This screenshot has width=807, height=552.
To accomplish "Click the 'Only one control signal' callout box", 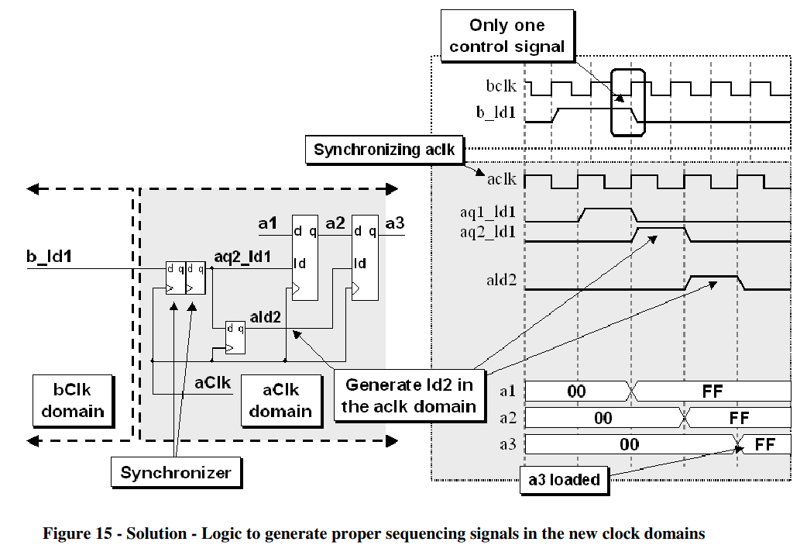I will coord(507,36).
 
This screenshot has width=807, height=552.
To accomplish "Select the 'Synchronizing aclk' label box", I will coord(384,149).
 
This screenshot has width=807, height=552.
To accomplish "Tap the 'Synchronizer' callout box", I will coord(176,472).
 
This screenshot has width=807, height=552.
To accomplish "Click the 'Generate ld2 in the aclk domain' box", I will coord(410,395).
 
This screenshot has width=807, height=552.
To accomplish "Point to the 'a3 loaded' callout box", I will coord(563,480).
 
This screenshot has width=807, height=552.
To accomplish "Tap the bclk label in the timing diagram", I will coord(502,86).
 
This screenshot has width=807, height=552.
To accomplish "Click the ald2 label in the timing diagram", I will coord(501,280).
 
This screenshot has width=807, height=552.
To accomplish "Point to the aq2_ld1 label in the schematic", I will coord(242,256).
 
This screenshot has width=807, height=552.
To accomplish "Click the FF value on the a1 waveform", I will coord(712,392).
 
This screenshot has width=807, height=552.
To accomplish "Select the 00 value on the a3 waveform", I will coord(629,444).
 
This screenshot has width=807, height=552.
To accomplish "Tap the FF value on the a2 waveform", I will coord(739,419).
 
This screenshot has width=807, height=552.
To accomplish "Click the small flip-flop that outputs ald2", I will coord(235,337).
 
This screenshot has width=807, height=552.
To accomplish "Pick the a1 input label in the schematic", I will coord(267,224).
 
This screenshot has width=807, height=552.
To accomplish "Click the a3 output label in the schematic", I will coord(394,224).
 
